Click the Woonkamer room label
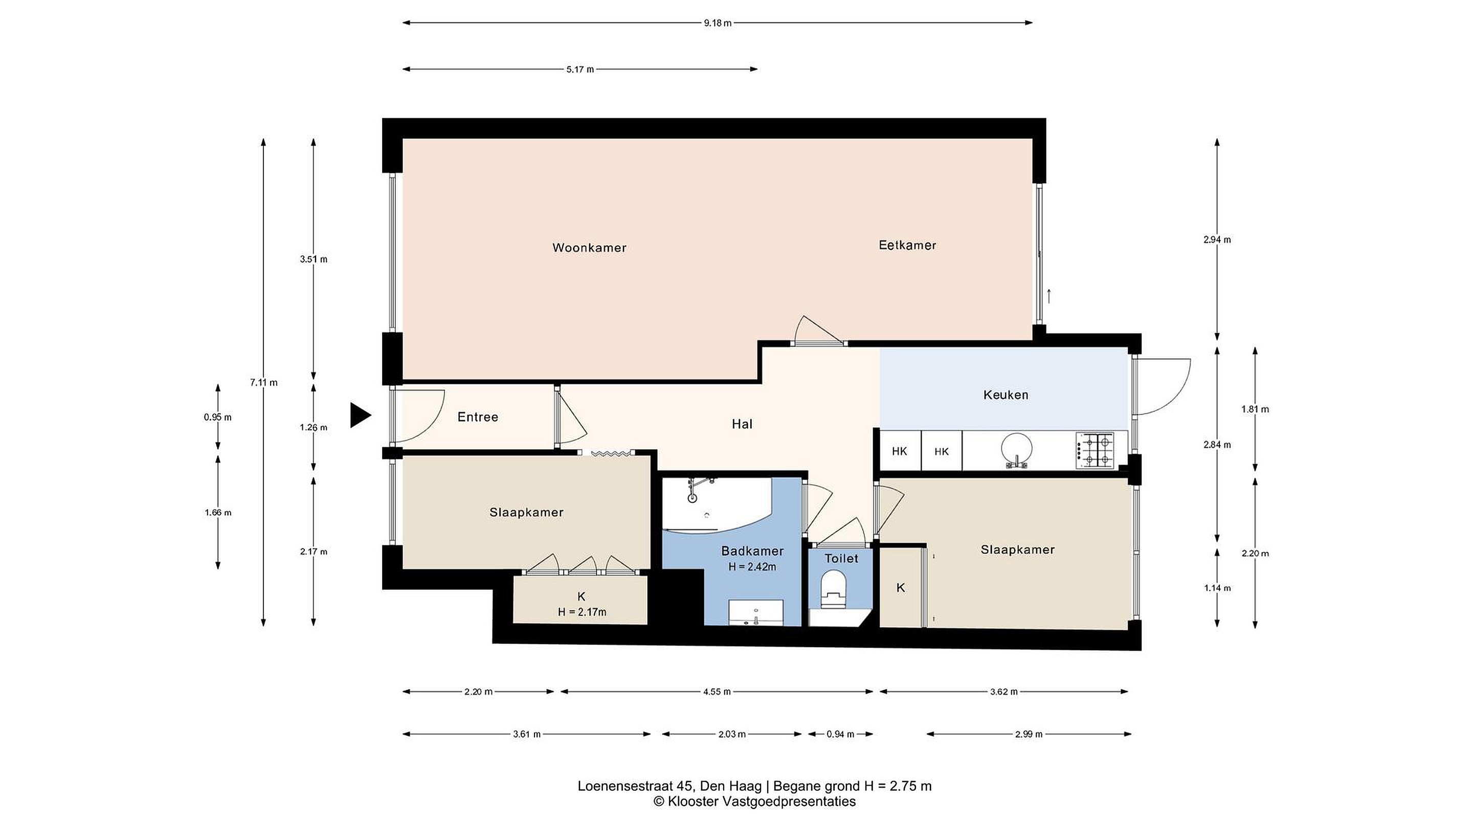pos(589,248)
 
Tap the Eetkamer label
pos(907,245)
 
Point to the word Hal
pos(742,424)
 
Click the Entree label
pos(478,417)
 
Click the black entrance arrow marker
pos(360,415)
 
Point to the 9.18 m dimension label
pos(718,24)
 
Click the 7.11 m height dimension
pos(263,382)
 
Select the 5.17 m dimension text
pos(580,70)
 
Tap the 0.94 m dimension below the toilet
pos(840,734)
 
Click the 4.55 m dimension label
pos(717,692)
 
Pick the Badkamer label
pos(752,551)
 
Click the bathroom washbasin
pos(755,613)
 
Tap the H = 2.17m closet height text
pos(582,612)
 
